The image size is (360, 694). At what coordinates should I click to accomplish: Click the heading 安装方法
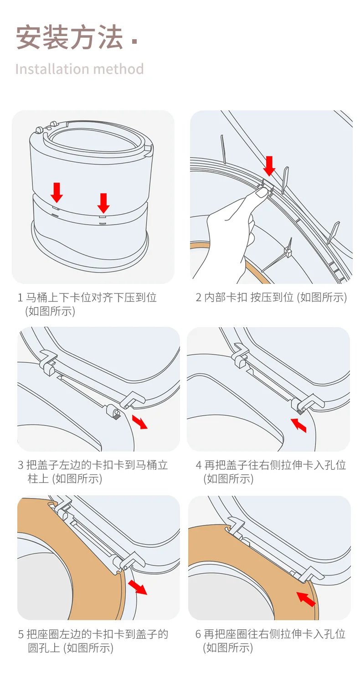pyautogui.click(x=69, y=37)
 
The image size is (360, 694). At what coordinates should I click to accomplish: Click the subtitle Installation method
pyautogui.click(x=79, y=69)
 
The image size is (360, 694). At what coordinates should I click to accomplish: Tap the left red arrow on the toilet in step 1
pyautogui.click(x=57, y=192)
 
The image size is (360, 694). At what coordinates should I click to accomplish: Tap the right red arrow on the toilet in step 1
pyautogui.click(x=103, y=203)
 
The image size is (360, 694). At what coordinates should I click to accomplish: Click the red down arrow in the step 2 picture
pyautogui.click(x=269, y=166)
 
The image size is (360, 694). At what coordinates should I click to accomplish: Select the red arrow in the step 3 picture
pyautogui.click(x=140, y=421)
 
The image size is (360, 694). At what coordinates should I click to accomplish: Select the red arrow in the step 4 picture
pyautogui.click(x=299, y=425)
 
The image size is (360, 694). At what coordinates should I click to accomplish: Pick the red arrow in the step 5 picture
pyautogui.click(x=138, y=587)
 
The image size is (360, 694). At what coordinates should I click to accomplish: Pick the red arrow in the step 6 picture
pyautogui.click(x=305, y=599)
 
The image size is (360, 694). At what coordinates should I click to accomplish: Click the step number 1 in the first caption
pyautogui.click(x=20, y=298)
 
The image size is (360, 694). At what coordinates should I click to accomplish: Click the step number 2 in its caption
pyautogui.click(x=199, y=298)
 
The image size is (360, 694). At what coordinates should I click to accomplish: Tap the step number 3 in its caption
pyautogui.click(x=21, y=465)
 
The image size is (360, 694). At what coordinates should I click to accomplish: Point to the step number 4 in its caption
pyautogui.click(x=199, y=465)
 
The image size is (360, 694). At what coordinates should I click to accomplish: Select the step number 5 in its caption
pyautogui.click(x=21, y=634)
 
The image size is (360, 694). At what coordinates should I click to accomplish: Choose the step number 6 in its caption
pyautogui.click(x=198, y=634)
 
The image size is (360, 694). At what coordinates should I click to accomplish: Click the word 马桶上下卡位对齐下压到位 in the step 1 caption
pyautogui.click(x=91, y=298)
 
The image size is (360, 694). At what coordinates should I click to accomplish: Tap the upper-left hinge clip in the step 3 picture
pyautogui.click(x=48, y=361)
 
